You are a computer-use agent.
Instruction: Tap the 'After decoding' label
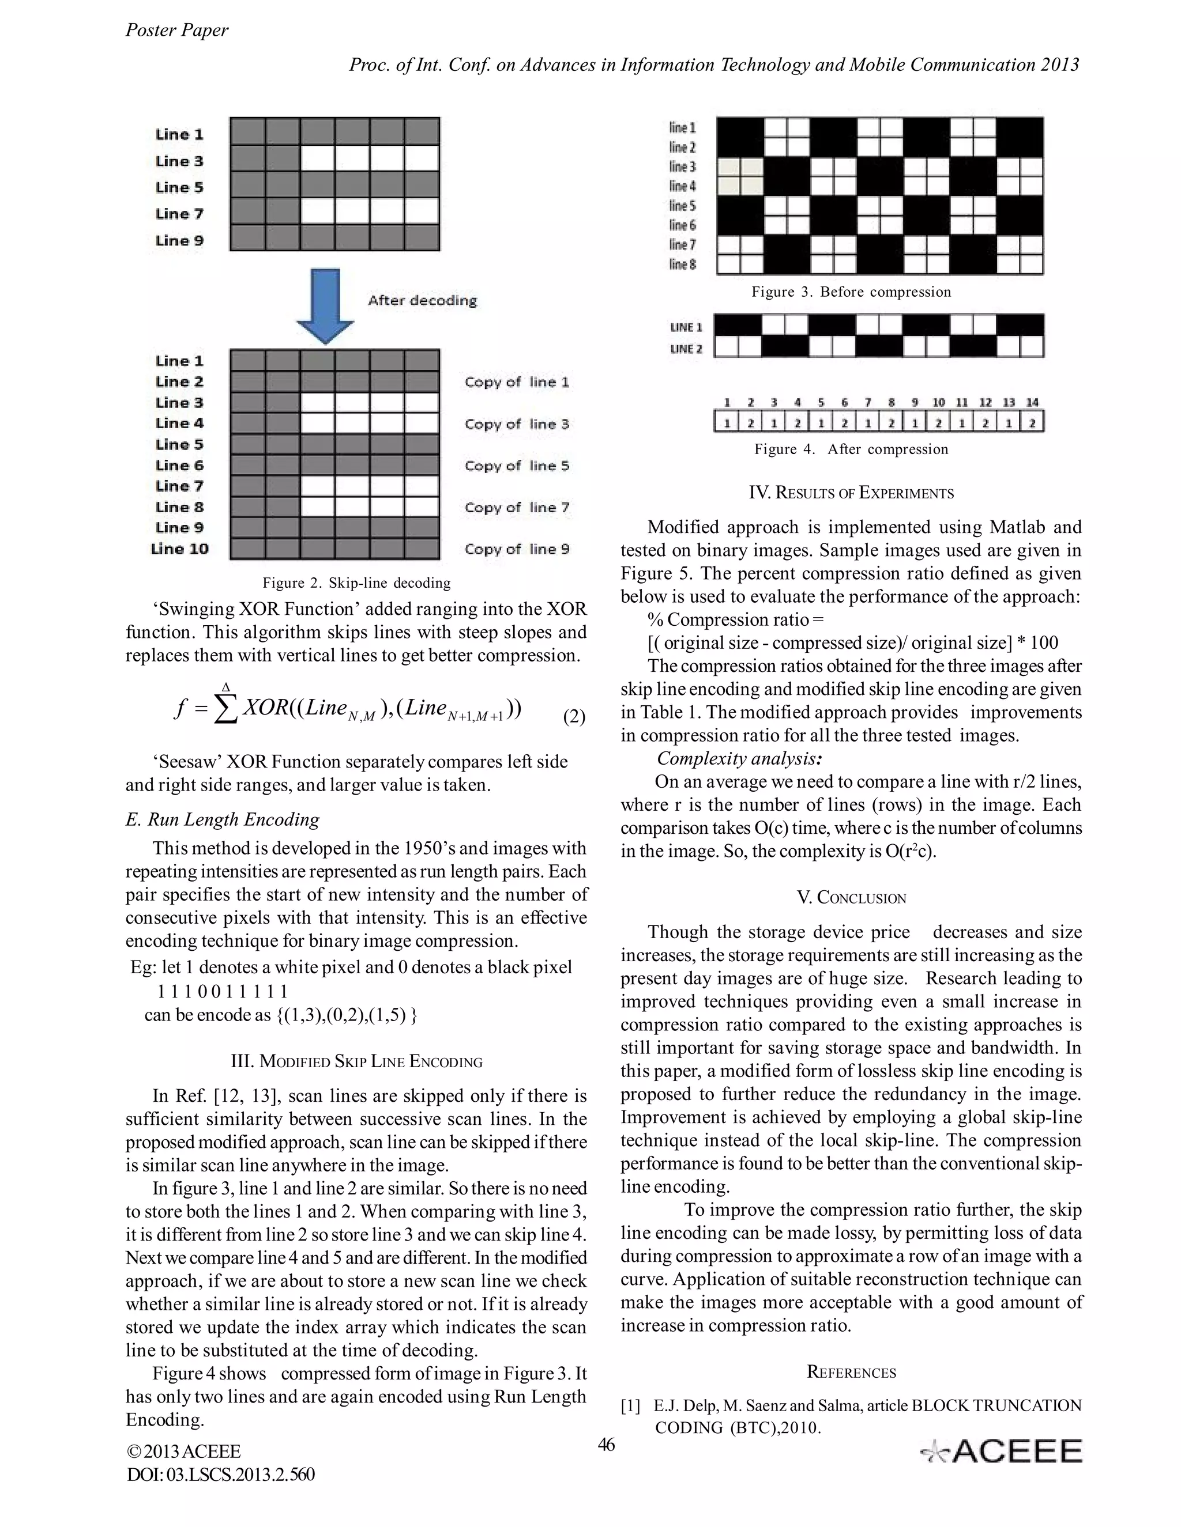click(422, 301)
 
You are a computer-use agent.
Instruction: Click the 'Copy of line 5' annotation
click(516, 466)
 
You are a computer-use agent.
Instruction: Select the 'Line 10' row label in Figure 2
click(180, 549)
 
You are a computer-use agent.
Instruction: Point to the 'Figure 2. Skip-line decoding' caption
click(356, 583)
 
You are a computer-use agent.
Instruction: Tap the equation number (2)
click(574, 717)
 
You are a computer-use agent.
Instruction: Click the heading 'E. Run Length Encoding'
click(223, 819)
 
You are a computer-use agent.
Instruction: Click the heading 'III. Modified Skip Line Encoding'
click(356, 1061)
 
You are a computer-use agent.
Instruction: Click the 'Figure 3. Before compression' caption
click(851, 292)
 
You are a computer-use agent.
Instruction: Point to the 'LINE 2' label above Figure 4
click(686, 349)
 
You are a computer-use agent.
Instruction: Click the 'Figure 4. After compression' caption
click(851, 449)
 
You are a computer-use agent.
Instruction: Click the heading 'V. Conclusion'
click(851, 898)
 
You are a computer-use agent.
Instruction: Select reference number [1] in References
click(631, 1405)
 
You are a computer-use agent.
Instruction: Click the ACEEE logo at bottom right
click(1002, 1452)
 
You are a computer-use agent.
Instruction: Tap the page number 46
click(606, 1444)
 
